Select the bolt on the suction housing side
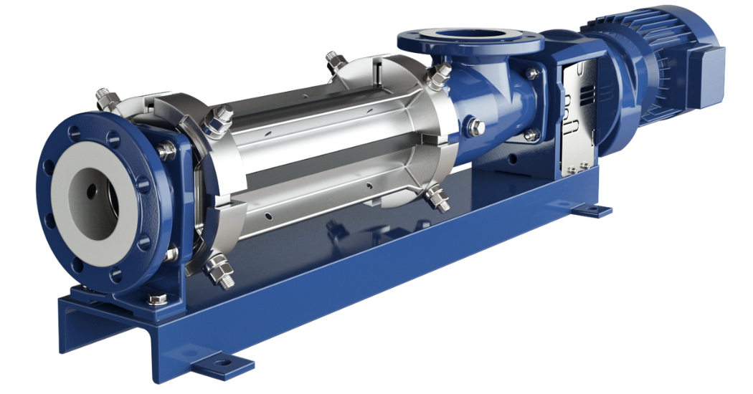tap(476, 128)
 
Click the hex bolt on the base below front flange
tap(158, 297)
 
